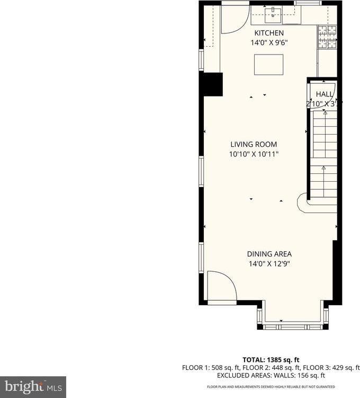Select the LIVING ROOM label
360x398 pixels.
254,144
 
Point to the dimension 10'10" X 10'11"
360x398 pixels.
254,154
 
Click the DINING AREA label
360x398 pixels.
268,254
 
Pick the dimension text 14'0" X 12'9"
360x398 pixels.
268,263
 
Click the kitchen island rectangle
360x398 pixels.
268,65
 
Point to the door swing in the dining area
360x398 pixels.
220,287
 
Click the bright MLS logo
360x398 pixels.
33,386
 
